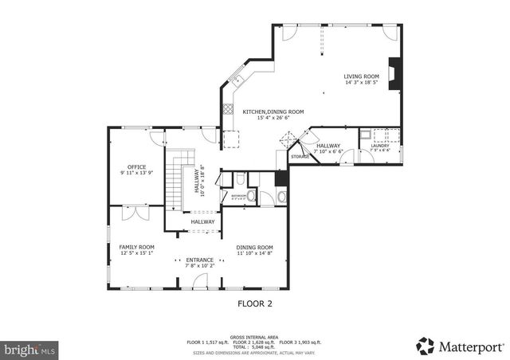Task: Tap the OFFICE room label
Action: pos(136,166)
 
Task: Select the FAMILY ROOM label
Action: pos(136,248)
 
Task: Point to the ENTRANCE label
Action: pos(200,260)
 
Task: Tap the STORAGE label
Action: pos(300,157)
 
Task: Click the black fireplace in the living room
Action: pos(394,72)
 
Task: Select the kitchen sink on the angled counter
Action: pos(237,80)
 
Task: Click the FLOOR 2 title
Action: pos(256,303)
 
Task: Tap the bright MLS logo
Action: pos(30,349)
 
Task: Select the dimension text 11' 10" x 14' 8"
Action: pos(255,254)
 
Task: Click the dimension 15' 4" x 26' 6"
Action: pos(273,119)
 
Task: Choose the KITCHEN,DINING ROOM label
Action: pos(273,112)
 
